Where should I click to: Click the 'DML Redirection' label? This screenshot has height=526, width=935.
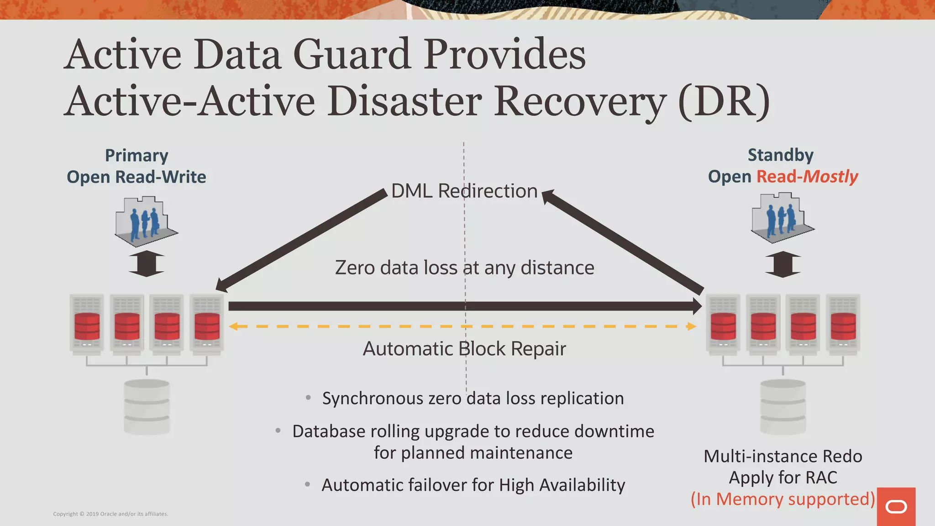(x=464, y=191)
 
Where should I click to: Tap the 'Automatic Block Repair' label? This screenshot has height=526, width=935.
(x=464, y=349)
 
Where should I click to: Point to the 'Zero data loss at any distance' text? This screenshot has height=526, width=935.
(x=464, y=268)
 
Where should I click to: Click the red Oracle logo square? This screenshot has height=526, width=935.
(x=896, y=506)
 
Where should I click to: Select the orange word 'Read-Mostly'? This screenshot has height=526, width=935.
(x=807, y=177)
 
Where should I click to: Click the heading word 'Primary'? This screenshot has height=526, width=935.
(x=137, y=156)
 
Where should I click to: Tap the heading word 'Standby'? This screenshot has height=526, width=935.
(x=780, y=155)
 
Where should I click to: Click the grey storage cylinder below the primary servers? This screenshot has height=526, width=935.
(x=147, y=406)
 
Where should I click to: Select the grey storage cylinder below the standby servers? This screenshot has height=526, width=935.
(x=783, y=406)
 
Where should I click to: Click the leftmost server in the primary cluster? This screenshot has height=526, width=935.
(x=87, y=323)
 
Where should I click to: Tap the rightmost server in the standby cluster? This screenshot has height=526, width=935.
(x=843, y=323)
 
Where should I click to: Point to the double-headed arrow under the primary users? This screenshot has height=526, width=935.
(x=146, y=263)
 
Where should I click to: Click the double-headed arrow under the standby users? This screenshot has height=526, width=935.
(x=783, y=264)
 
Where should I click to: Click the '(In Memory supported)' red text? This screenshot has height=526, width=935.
(x=783, y=499)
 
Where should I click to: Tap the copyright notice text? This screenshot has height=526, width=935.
(x=110, y=514)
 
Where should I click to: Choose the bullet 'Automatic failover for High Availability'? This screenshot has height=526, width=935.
(x=473, y=485)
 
